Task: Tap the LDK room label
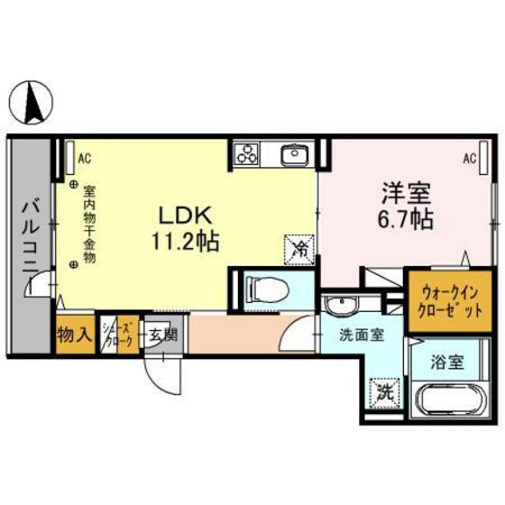pyautogui.click(x=186, y=216)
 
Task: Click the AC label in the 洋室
pyautogui.click(x=470, y=159)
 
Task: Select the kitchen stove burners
pyautogui.click(x=247, y=156)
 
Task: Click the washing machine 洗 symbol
pyautogui.click(x=385, y=392)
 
